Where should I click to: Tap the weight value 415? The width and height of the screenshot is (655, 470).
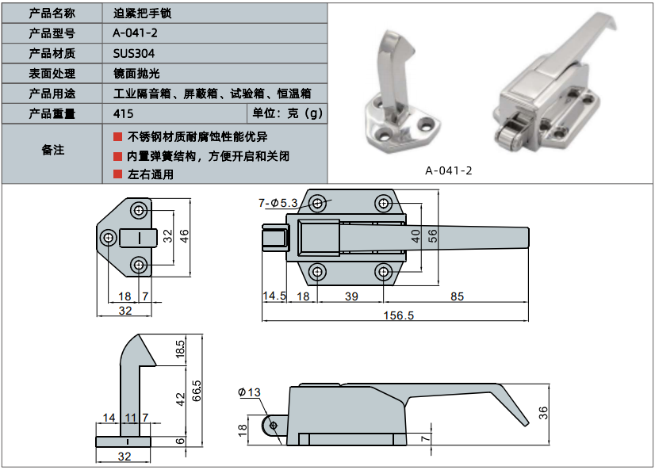point(122,113)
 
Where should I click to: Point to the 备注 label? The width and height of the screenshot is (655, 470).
point(52,150)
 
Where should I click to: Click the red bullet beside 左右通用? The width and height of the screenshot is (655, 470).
point(117,174)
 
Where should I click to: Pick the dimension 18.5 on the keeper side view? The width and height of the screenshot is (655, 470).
point(180,350)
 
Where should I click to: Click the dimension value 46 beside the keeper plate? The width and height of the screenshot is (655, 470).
point(183,235)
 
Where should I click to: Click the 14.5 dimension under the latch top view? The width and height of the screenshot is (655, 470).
point(274,296)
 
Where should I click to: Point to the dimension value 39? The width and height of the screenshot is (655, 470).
point(350,296)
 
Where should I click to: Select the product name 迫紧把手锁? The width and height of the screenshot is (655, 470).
point(143,13)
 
